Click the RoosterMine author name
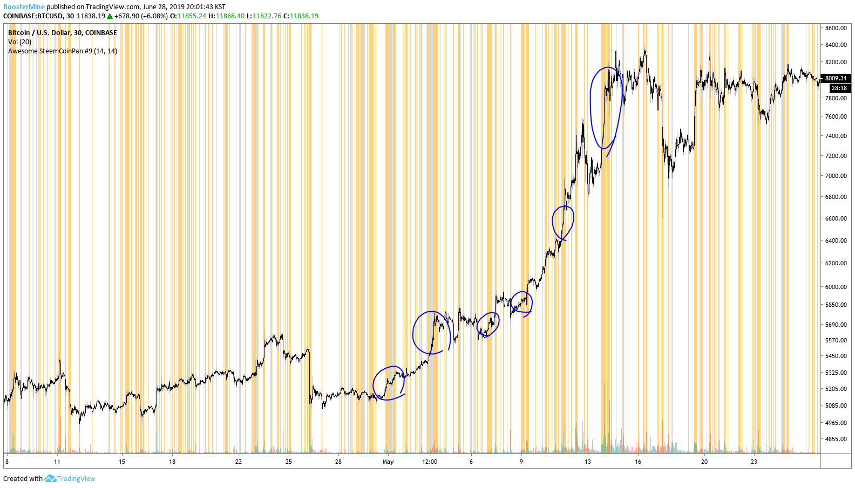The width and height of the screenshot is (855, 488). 24,7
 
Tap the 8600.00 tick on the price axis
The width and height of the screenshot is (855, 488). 836,28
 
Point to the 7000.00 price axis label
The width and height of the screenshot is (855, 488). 836,176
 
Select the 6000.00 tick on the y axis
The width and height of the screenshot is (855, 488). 836,287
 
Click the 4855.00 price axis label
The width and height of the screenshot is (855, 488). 836,439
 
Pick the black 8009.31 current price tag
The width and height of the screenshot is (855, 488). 836,78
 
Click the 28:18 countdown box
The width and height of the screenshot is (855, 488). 839,88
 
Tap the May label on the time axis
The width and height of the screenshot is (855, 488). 388,462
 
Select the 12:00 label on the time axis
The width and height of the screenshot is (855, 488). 430,462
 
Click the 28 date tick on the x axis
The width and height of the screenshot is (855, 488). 338,462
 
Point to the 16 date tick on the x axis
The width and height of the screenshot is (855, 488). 638,462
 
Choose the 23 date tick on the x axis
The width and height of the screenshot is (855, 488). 754,462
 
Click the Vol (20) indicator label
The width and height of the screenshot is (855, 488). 19,42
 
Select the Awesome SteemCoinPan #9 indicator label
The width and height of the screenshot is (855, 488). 62,51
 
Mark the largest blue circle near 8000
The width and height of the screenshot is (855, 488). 606,108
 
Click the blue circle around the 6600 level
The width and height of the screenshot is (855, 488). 562,222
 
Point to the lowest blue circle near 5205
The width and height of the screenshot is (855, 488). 389,383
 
